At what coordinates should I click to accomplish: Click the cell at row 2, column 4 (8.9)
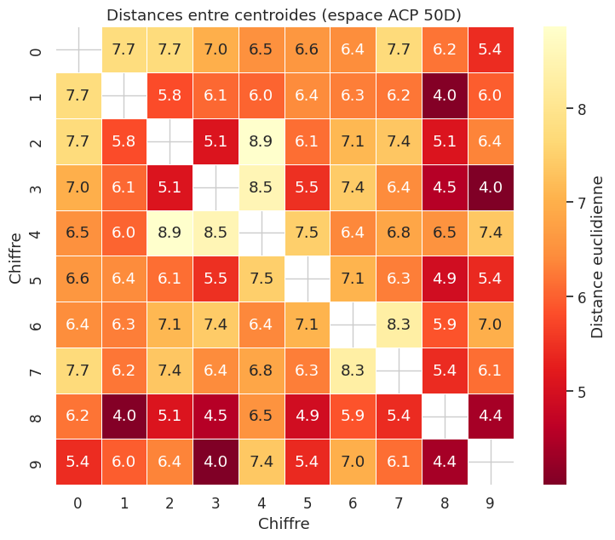[x=261, y=141]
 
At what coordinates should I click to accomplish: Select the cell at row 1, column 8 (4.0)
[x=444, y=95]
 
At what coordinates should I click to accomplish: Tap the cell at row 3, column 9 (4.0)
[x=490, y=187]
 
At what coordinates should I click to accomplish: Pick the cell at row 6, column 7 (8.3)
[x=398, y=325]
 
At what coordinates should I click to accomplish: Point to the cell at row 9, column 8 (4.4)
[x=444, y=462]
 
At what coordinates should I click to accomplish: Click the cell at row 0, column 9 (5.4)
[x=490, y=49]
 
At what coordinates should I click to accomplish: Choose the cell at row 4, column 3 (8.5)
[x=215, y=233]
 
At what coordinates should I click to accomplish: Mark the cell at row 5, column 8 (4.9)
[x=444, y=279]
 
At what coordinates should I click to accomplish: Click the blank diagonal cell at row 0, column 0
[x=78, y=49]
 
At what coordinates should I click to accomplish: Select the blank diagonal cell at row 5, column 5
[x=307, y=279]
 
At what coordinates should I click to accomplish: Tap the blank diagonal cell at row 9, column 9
[x=490, y=462]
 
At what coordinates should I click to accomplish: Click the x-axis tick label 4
[x=261, y=503]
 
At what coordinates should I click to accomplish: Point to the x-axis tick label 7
[x=398, y=503]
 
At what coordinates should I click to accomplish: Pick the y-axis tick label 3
[x=36, y=187]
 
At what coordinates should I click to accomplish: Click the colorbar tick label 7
[x=582, y=203]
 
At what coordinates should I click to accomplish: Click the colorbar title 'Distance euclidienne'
[x=598, y=256]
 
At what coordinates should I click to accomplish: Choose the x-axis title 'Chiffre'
[x=284, y=523]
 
